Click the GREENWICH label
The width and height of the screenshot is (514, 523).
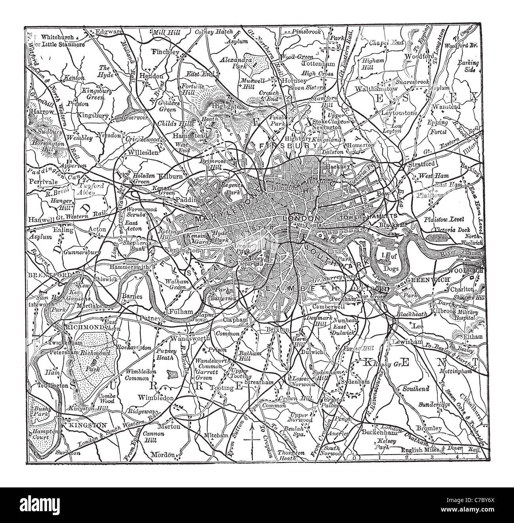[424, 279]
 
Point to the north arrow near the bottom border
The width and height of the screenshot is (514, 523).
[251, 440]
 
